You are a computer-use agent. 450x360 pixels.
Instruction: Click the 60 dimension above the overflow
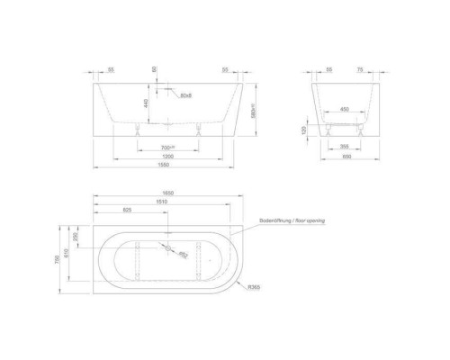154,69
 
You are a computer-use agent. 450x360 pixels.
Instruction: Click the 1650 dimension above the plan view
167,195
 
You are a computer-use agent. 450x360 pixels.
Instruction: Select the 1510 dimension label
162,204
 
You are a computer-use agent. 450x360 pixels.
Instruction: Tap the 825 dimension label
128,214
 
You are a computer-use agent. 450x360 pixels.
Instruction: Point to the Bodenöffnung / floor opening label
289,219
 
